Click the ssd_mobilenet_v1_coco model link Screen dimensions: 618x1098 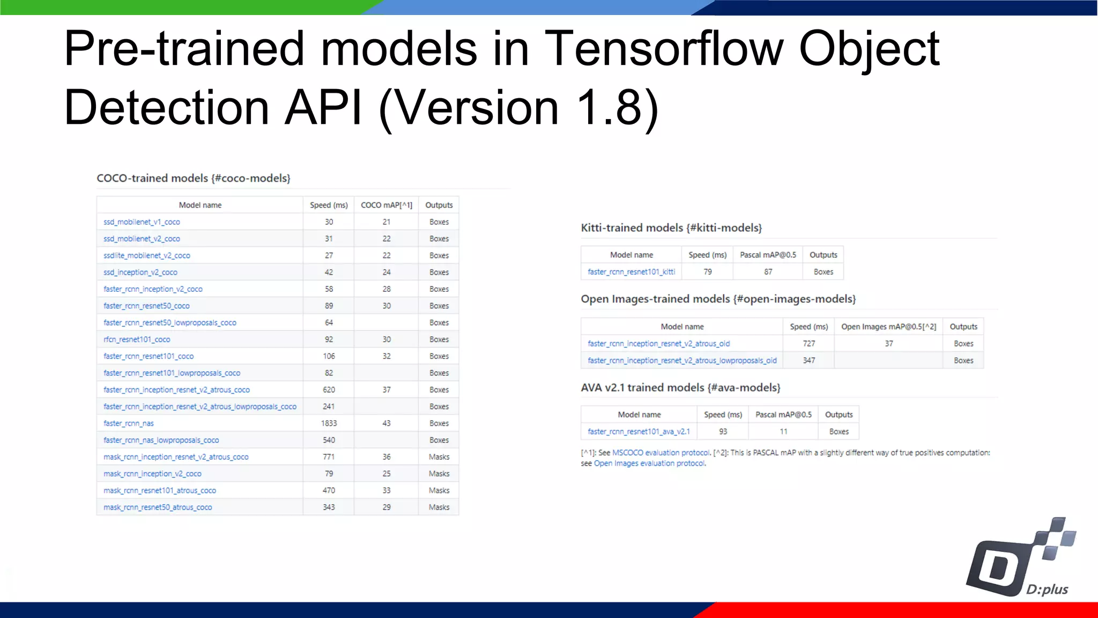(x=142, y=222)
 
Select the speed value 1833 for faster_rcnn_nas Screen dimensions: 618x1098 (x=329, y=423)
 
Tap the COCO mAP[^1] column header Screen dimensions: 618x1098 (x=386, y=205)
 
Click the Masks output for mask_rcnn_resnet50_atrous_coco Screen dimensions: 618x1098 (x=439, y=507)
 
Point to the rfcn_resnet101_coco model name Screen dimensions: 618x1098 (x=137, y=340)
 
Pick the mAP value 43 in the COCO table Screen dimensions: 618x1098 (x=386, y=423)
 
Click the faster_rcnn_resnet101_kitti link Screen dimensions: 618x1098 (x=631, y=272)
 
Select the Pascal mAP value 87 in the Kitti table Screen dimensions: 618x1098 (x=768, y=272)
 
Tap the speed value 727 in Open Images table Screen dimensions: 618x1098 (x=808, y=343)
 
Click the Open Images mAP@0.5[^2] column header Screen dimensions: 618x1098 (x=888, y=327)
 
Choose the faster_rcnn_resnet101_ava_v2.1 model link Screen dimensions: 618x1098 (x=639, y=431)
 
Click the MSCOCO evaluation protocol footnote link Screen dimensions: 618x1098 (x=661, y=453)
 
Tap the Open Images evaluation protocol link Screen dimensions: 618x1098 (x=649, y=464)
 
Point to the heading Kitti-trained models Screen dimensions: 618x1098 (x=671, y=228)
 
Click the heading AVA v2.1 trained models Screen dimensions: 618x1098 (x=680, y=387)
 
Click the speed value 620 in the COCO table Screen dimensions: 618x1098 (x=329, y=390)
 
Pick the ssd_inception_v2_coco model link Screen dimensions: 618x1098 (x=140, y=273)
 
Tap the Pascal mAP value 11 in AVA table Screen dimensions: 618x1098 (x=783, y=431)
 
